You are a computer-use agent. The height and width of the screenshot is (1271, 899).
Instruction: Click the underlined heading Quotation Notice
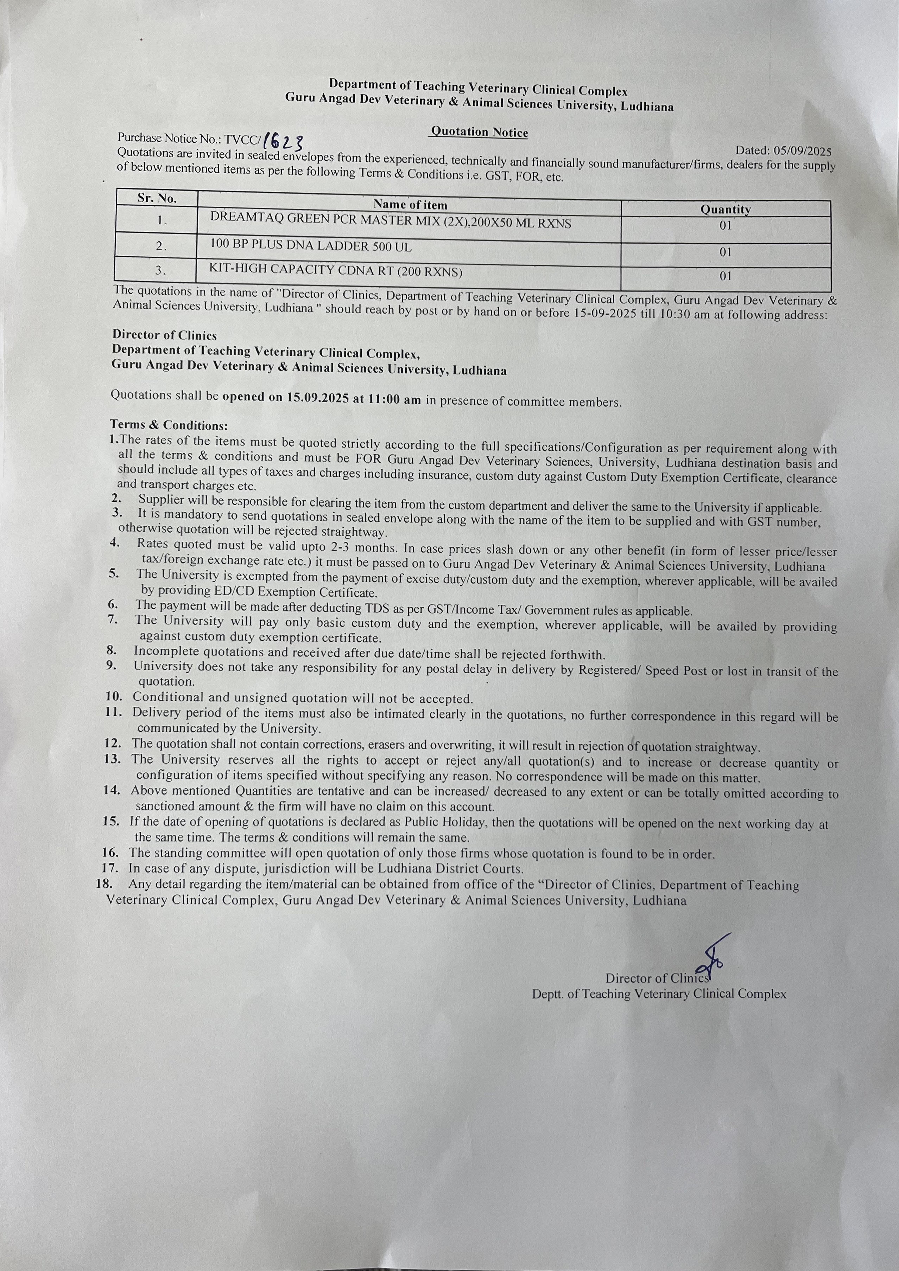coord(479,132)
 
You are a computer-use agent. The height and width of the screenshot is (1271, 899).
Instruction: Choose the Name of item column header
coord(410,204)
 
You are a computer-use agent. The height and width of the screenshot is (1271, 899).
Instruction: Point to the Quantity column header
coord(725,209)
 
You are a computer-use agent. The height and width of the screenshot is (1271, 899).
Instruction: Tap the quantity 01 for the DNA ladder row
coord(725,252)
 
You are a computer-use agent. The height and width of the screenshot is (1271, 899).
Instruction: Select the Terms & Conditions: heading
coord(169,425)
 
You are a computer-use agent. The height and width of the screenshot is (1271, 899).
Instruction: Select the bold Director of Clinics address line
coord(165,335)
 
